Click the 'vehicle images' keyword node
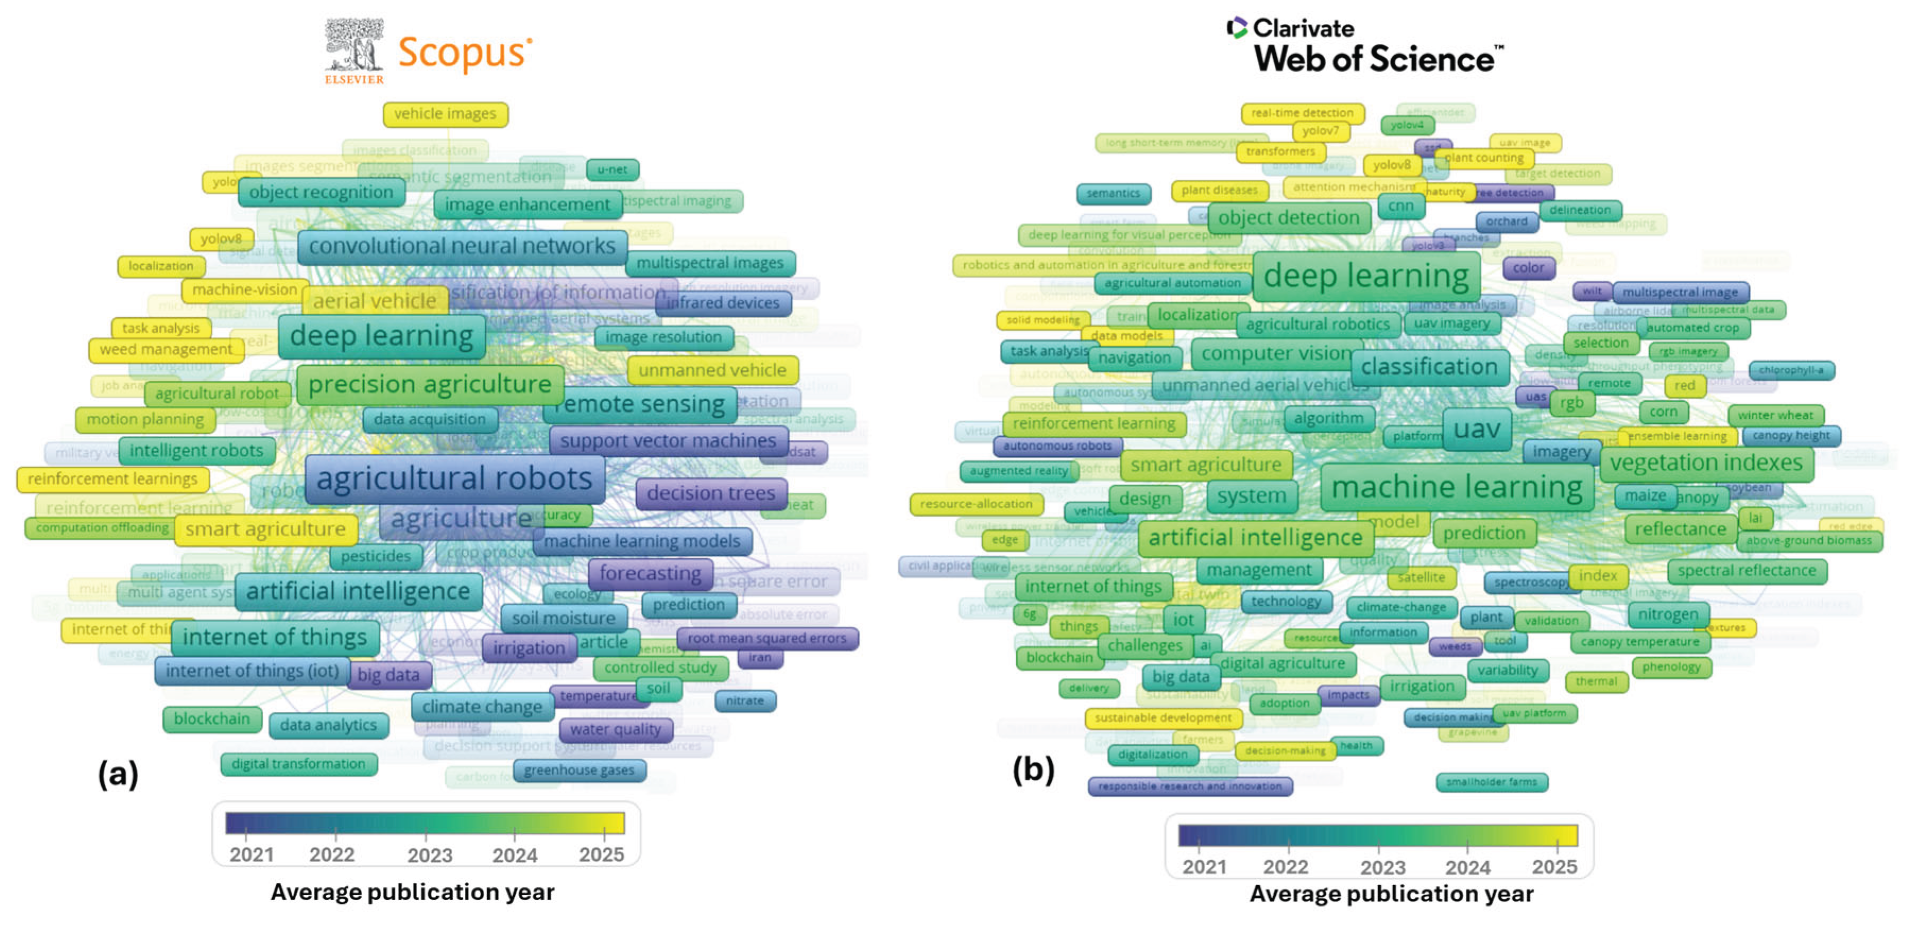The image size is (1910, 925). (x=445, y=114)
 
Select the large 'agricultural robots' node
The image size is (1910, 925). (x=454, y=479)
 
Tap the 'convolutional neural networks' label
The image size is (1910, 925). (x=461, y=246)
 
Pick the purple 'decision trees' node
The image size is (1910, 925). (x=710, y=493)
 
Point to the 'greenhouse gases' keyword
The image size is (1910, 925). (x=579, y=770)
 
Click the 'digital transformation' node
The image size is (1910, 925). (x=298, y=763)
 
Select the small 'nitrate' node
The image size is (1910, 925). (x=745, y=701)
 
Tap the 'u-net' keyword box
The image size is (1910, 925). (x=612, y=170)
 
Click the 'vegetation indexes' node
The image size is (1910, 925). (x=1705, y=463)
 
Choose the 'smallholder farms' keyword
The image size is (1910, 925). (x=1491, y=782)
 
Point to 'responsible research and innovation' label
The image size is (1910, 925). (x=1189, y=786)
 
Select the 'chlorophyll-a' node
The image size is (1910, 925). (x=1791, y=370)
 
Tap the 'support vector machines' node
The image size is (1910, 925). (x=667, y=441)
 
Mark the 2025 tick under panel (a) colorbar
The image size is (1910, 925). (x=601, y=854)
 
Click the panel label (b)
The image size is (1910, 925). (x=1033, y=770)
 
